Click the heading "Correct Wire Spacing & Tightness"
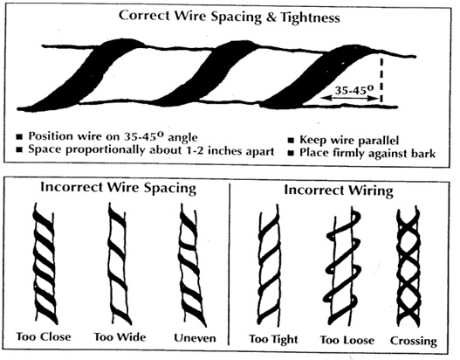point(229,17)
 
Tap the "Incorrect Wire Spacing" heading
point(118,188)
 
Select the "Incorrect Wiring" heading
point(339,190)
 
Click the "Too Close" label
point(44,336)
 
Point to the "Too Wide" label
point(120,336)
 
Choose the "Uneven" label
point(195,337)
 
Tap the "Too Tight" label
point(273,339)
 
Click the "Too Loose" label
point(347,340)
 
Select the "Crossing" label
point(414,341)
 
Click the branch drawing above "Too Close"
point(45,263)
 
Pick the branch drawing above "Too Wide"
point(118,262)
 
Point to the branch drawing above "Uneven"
point(191,264)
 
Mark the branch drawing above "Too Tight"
point(269,267)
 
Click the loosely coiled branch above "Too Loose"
point(342,268)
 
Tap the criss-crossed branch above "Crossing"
point(409,268)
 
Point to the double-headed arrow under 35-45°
point(349,99)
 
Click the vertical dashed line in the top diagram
point(381,80)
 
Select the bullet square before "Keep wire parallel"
point(291,141)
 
